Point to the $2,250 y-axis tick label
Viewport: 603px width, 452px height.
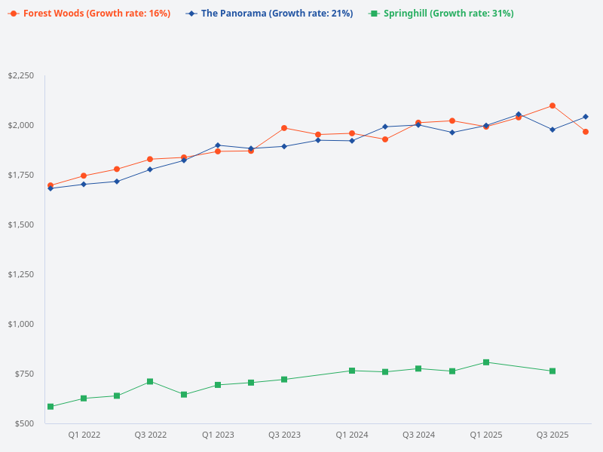pyautogui.click(x=20, y=76)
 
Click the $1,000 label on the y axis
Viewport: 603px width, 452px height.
pyautogui.click(x=20, y=324)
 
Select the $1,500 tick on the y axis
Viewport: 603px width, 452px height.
pyautogui.click(x=20, y=224)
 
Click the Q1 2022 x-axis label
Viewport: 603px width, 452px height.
pyautogui.click(x=84, y=435)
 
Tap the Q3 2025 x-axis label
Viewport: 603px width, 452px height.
pyautogui.click(x=552, y=435)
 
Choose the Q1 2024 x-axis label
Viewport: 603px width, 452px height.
pyautogui.click(x=352, y=435)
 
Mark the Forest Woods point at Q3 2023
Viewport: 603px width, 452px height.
pyautogui.click(x=284, y=128)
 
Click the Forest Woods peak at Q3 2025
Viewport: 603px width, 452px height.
pyautogui.click(x=552, y=105)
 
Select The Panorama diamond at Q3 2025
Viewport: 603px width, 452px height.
pyautogui.click(x=552, y=130)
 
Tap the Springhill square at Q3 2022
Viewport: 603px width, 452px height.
pyautogui.click(x=150, y=381)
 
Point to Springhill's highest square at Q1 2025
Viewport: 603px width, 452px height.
pyautogui.click(x=486, y=362)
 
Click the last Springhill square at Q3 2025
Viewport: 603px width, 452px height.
pyautogui.click(x=552, y=371)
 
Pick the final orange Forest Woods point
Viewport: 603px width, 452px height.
pyautogui.click(x=586, y=132)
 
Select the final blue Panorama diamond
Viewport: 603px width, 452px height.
pyautogui.click(x=586, y=117)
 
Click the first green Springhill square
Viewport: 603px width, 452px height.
pyautogui.click(x=51, y=407)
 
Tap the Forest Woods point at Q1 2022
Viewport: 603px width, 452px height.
pyautogui.click(x=84, y=176)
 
